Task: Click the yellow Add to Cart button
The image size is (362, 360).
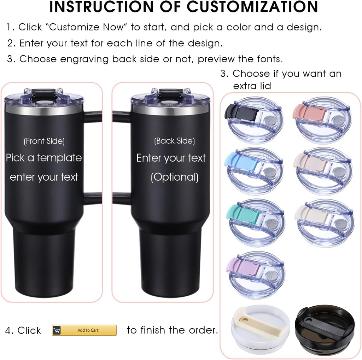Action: [x=84, y=330]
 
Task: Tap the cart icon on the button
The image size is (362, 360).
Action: [x=57, y=330]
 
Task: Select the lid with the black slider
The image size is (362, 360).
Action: [x=254, y=120]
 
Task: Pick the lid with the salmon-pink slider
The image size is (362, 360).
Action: [x=322, y=120]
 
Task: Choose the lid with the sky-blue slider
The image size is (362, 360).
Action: [x=254, y=171]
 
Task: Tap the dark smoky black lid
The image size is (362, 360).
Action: [x=325, y=331]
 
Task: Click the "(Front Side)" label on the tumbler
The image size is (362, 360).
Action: [x=44, y=141]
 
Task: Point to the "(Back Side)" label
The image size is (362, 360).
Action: [x=175, y=141]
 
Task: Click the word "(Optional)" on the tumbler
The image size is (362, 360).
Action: [x=175, y=177]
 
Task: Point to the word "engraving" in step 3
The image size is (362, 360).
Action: [x=84, y=59]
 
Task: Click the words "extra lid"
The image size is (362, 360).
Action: [x=252, y=86]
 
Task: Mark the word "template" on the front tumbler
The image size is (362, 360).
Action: [x=59, y=158]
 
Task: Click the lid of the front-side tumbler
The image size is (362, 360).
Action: [x=43, y=97]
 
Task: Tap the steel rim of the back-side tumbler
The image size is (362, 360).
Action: [x=170, y=110]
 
